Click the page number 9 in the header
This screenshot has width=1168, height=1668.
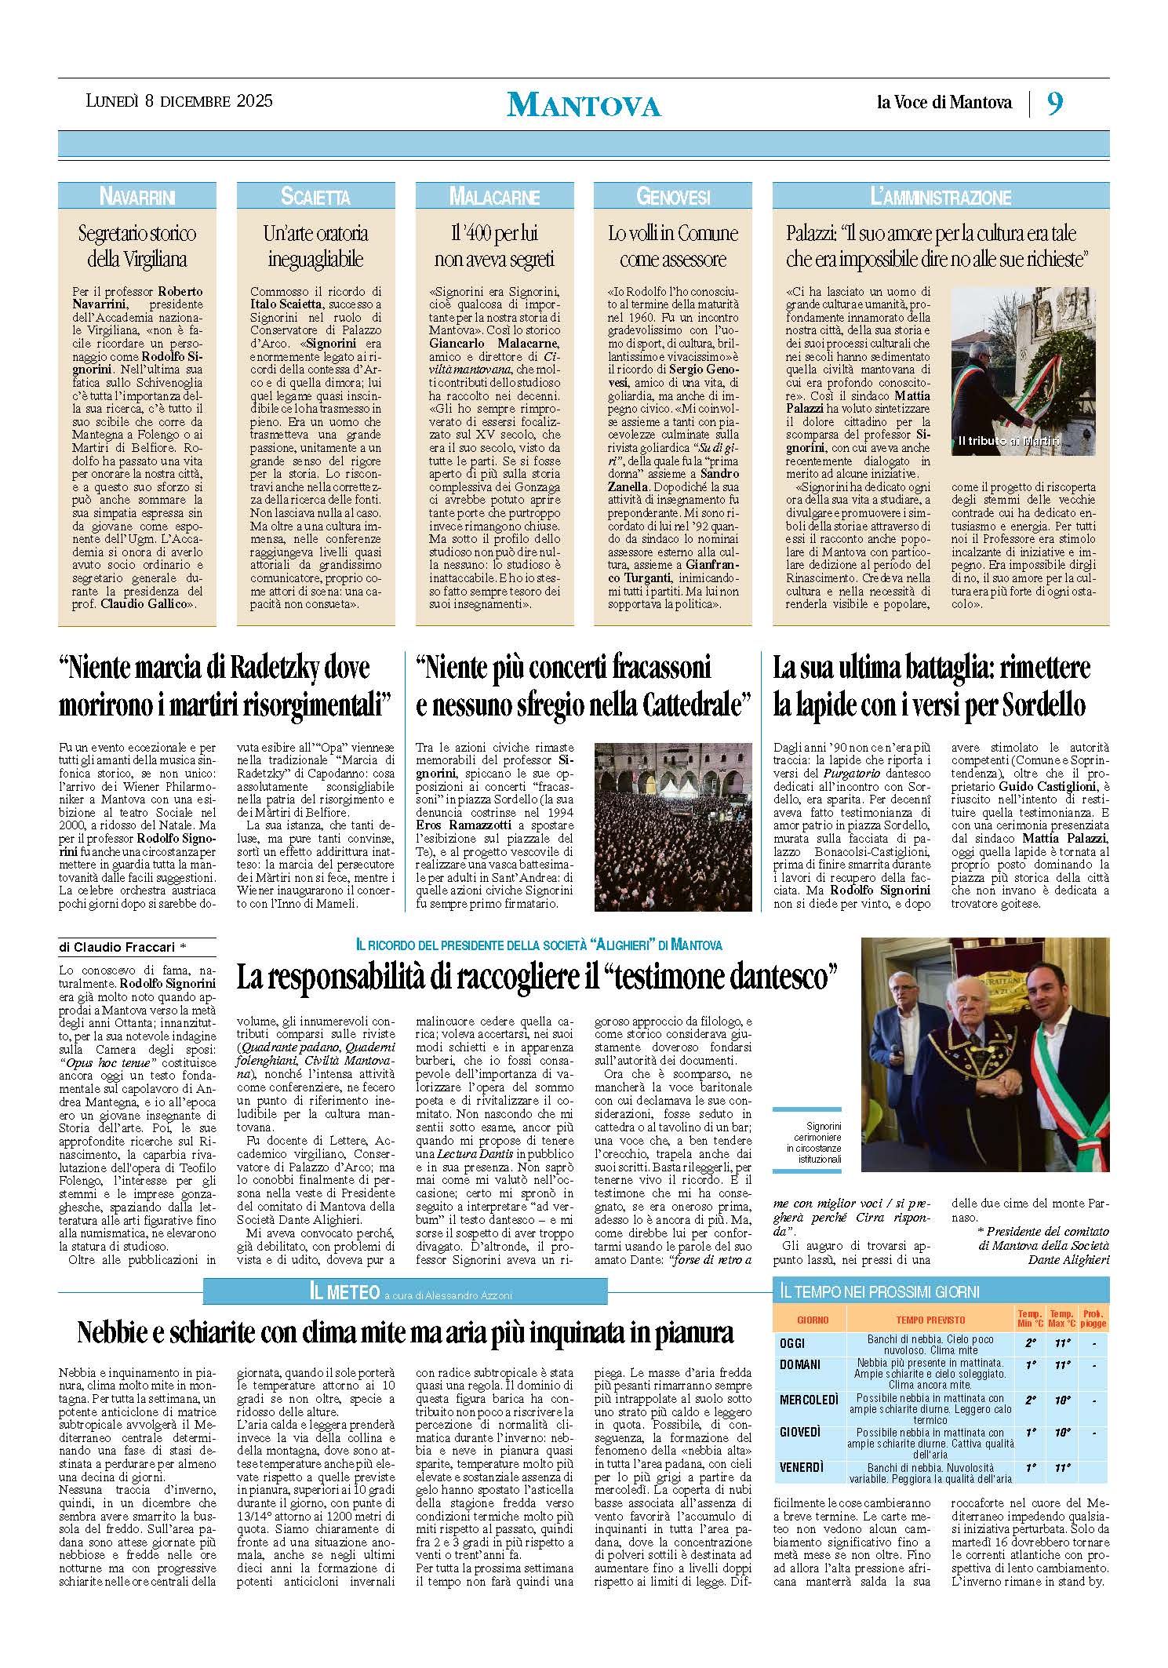pos(1055,104)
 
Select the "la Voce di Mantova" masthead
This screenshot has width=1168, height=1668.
pos(944,102)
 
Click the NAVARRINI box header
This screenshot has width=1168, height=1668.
pos(136,196)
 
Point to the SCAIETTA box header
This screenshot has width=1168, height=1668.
pos(315,196)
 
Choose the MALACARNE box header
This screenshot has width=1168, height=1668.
pos(494,196)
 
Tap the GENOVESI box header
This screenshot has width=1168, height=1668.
pos(673,196)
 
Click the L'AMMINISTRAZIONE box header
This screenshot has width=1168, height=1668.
pos(941,196)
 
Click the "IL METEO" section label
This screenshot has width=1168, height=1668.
pos(344,1291)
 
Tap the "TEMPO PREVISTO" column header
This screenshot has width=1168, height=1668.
pos(930,1320)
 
